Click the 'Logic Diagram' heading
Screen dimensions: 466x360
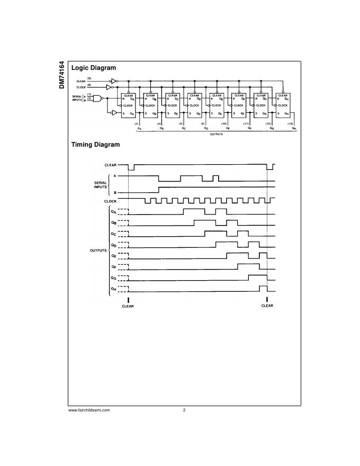pos(94,68)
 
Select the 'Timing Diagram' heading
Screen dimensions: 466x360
pos(95,145)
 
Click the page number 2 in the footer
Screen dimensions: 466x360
pos(184,410)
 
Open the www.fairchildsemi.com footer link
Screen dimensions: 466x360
pos(89,410)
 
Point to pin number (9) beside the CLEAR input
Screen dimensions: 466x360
pos(89,78)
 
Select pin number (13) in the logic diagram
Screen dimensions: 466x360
pos(290,123)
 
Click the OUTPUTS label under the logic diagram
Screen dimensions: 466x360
pos(213,135)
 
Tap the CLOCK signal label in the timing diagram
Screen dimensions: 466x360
pos(111,201)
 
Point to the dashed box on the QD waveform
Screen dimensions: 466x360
pos(123,245)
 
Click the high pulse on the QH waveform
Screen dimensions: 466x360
pos(263,288)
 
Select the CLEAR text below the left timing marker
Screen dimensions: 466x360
pos(128,306)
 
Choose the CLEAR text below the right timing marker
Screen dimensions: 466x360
pos(267,306)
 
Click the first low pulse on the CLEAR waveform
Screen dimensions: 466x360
pos(131,168)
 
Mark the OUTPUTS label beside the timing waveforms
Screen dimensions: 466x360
pos(98,250)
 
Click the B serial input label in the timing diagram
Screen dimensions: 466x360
pos(115,192)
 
